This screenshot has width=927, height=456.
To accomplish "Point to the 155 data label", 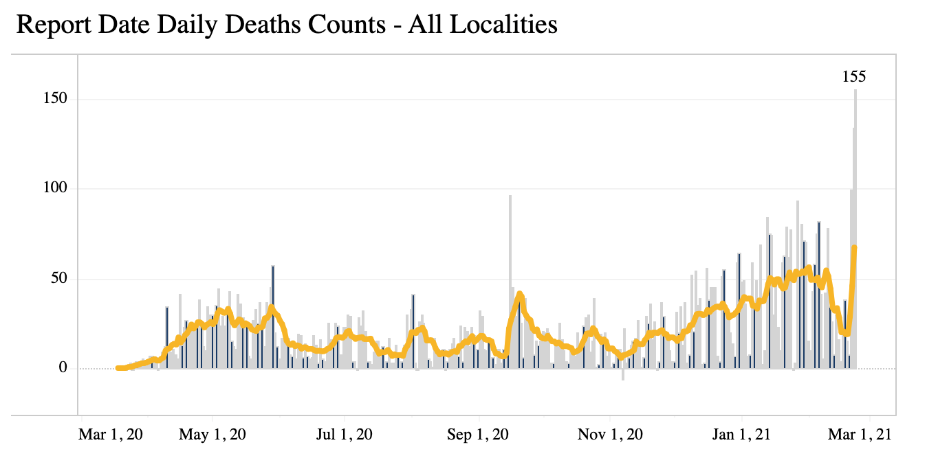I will (x=854, y=77).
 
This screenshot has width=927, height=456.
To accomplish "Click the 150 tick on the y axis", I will (x=54, y=99).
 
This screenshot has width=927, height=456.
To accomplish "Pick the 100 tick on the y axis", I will (x=54, y=188).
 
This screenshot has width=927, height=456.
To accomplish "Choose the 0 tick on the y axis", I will (x=62, y=369).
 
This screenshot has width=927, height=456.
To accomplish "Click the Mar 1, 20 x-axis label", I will (x=111, y=435).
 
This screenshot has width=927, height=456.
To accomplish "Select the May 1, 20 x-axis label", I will (x=212, y=435).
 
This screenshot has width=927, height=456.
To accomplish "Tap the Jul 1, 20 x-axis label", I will (x=344, y=435).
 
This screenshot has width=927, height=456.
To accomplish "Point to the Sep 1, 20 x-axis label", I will (x=479, y=435).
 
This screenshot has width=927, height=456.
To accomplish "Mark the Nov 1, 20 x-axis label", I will (x=611, y=435).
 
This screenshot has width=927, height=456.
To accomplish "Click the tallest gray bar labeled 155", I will (x=855, y=227).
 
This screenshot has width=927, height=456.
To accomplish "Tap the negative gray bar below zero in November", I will (x=623, y=375).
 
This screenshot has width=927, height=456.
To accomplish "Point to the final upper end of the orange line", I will (x=854, y=247).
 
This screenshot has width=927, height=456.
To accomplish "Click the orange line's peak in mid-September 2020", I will (x=519, y=294).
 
